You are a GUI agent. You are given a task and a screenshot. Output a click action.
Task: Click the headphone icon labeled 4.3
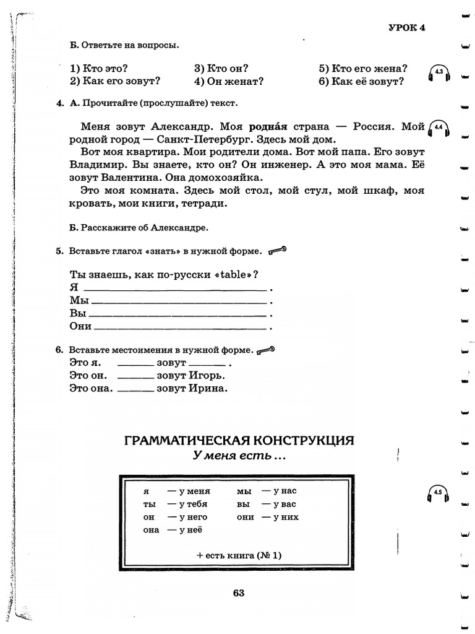click(x=439, y=74)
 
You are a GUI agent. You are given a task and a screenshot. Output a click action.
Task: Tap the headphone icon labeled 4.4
click(x=439, y=128)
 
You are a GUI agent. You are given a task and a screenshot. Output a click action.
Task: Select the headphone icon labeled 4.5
click(x=438, y=493)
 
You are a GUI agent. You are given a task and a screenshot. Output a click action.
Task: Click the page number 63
click(x=239, y=593)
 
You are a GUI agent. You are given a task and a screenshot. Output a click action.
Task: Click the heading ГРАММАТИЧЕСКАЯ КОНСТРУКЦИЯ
click(x=239, y=440)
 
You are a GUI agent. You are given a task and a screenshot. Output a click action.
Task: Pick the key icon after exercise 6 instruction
click(x=267, y=350)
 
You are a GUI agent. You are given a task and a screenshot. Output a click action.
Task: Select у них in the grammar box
click(x=285, y=517)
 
